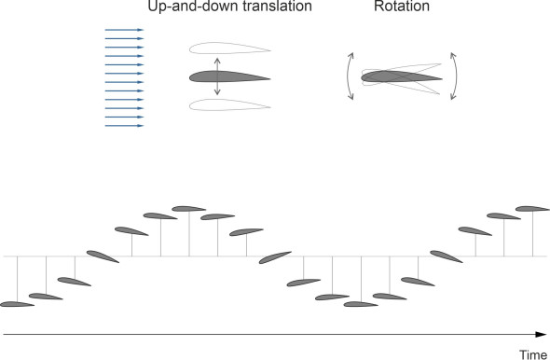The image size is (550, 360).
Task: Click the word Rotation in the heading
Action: tap(402, 6)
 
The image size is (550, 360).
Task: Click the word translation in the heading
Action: tap(277, 6)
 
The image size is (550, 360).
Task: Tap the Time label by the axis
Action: tap(533, 354)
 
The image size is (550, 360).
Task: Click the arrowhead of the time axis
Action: tap(542, 335)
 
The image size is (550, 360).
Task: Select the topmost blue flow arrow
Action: tap(124, 30)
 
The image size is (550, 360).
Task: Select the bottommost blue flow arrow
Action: tap(124, 126)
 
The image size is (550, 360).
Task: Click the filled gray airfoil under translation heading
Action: tap(229, 76)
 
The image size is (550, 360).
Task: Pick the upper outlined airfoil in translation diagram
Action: tap(229, 48)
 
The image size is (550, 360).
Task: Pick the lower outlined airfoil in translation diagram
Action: tap(229, 104)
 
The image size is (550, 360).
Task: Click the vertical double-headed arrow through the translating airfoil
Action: tap(217, 76)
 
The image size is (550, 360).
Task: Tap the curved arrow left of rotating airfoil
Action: tap(349, 76)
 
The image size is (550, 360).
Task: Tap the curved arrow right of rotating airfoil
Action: tap(455, 76)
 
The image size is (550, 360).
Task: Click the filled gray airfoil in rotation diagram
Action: tap(401, 76)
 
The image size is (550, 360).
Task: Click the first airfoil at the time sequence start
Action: tap(17, 304)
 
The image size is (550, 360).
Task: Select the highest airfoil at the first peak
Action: tap(188, 209)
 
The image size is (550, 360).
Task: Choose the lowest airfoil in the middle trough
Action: tap(361, 304)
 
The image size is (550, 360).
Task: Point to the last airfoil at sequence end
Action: tap(532, 209)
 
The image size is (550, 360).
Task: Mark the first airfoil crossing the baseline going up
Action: tap(103, 256)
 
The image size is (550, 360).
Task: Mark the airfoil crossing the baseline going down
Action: tap(275, 257)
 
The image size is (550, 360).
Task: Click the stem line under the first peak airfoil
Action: tap(189, 234)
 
